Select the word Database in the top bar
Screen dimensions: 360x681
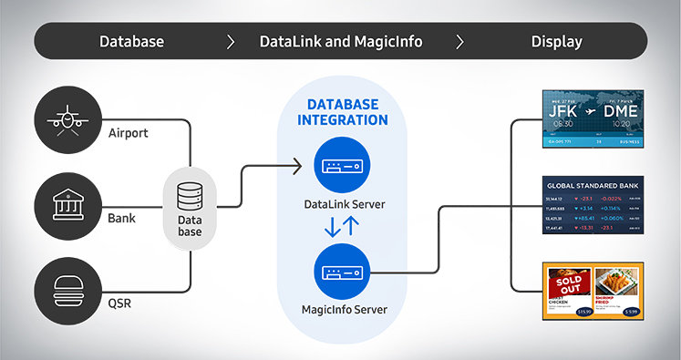click(131, 41)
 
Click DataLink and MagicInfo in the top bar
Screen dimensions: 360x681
click(341, 41)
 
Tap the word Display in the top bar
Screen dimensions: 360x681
click(556, 41)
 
